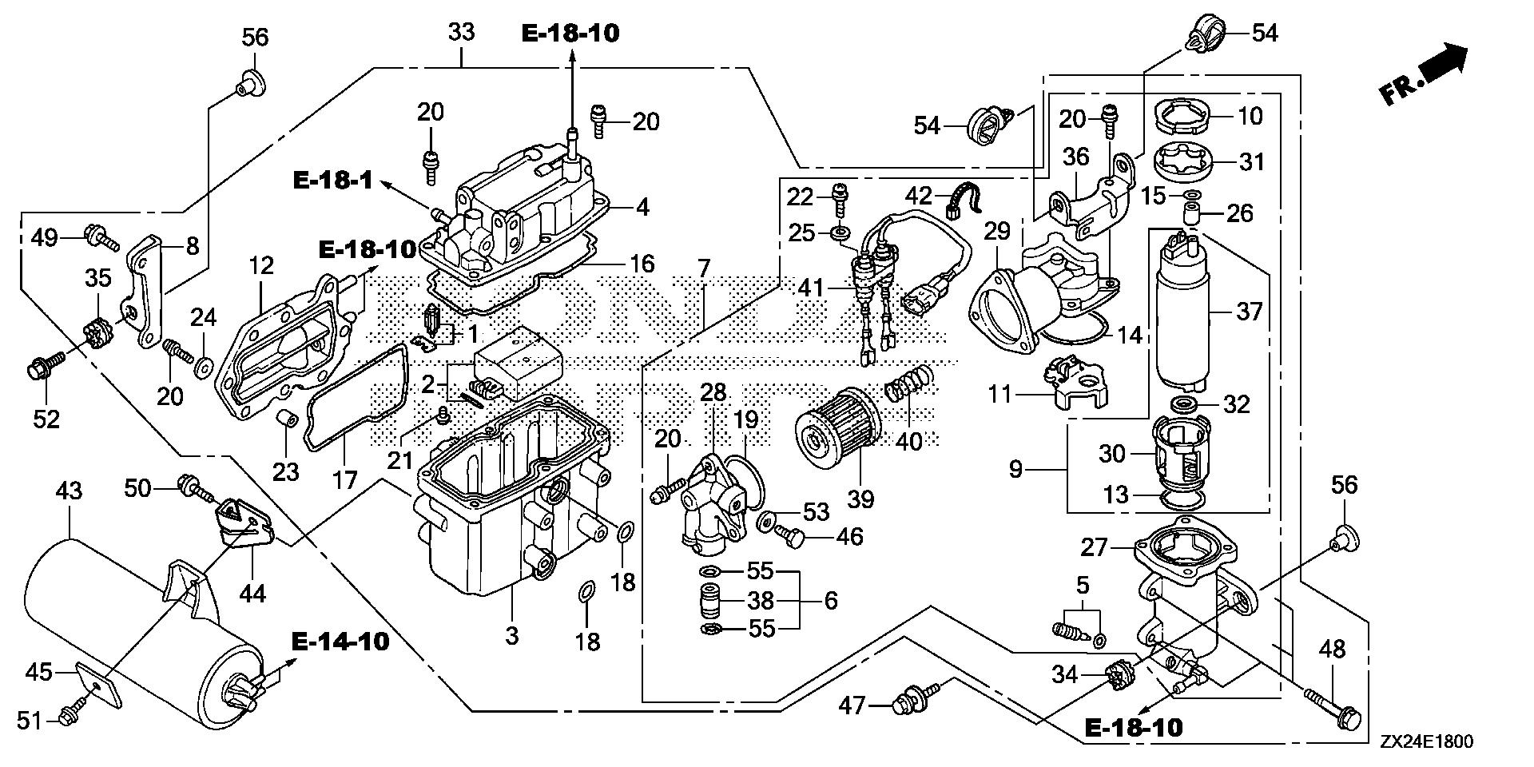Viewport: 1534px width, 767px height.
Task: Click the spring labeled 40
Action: (908, 384)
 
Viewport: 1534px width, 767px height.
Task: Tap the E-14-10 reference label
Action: (340, 641)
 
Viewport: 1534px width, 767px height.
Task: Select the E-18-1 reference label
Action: (332, 181)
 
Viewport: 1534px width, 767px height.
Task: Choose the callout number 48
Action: (1332, 649)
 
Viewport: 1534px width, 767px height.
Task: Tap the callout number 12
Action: (261, 266)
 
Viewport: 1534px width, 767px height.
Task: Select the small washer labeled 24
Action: (204, 367)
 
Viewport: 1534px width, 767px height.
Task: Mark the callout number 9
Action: (1015, 469)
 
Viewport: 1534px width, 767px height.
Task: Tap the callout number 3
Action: (512, 636)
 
